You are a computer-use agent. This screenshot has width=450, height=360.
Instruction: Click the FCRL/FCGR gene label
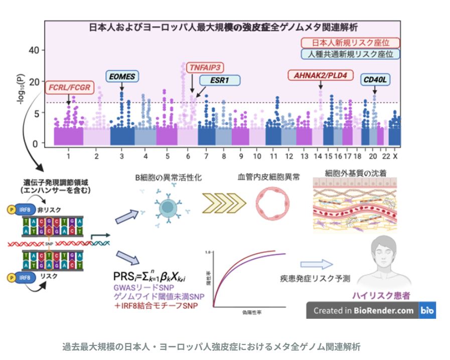coord(69,88)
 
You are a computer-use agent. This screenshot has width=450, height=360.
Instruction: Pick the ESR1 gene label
coord(220,80)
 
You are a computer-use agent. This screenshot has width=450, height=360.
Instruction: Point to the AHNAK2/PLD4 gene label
coord(321,76)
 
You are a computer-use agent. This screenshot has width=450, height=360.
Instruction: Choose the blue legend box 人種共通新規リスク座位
coord(350,54)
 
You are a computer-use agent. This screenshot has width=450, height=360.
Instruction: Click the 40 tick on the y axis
coord(34,50)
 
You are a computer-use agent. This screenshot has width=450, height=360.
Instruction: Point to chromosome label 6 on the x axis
coord(187,156)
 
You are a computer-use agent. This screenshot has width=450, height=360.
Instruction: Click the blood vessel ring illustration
coord(269,207)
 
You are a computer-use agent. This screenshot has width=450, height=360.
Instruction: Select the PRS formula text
coord(149,276)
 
